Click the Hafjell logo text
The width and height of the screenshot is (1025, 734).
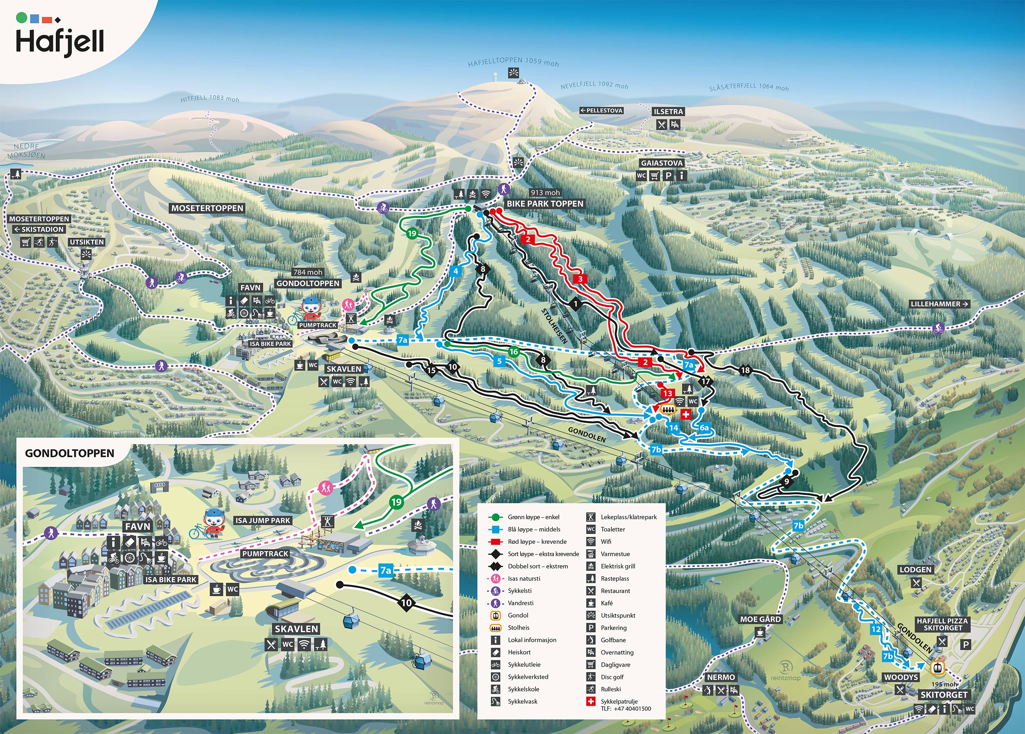point(60,41)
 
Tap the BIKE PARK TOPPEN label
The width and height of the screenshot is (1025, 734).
point(544,204)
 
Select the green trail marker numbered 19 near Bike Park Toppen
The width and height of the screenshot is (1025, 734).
point(412,234)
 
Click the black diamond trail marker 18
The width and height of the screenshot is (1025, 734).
point(745,370)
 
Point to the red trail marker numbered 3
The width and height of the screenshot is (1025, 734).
point(580,279)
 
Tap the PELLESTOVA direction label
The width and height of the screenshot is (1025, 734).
point(601,111)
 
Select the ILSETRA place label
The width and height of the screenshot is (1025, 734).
point(668,111)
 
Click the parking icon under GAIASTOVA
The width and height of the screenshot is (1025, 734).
point(667,176)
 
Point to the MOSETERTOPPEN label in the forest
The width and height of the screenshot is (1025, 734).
point(207,208)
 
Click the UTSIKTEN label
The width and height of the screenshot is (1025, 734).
point(87,242)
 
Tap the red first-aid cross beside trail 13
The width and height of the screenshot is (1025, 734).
point(686,414)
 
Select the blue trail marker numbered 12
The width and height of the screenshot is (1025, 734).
point(876,629)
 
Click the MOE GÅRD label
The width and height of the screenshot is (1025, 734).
point(760,619)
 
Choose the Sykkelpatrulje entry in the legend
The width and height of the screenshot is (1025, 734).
point(619,702)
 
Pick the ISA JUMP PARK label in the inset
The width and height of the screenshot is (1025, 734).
point(262,520)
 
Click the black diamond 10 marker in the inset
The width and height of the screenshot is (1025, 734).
point(406,602)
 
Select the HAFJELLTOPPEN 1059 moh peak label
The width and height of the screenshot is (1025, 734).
point(513,62)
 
